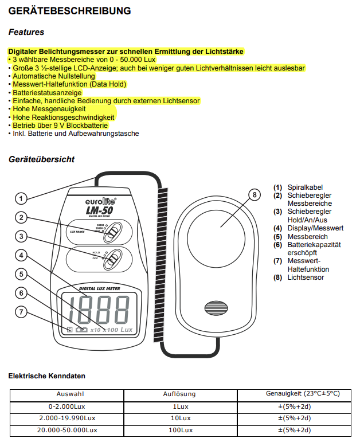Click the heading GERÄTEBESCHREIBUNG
click(x=69, y=11)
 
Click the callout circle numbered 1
click(x=21, y=199)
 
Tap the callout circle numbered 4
click(x=21, y=255)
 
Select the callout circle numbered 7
click(x=21, y=312)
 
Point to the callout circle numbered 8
click(x=255, y=194)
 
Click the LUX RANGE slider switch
click(x=114, y=231)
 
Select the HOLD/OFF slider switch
click(x=114, y=258)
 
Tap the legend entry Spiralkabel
click(x=305, y=187)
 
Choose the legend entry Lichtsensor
click(x=306, y=277)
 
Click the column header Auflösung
click(x=179, y=394)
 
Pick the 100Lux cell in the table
click(x=179, y=429)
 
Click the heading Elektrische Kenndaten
click(x=46, y=376)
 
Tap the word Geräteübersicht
click(x=41, y=159)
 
